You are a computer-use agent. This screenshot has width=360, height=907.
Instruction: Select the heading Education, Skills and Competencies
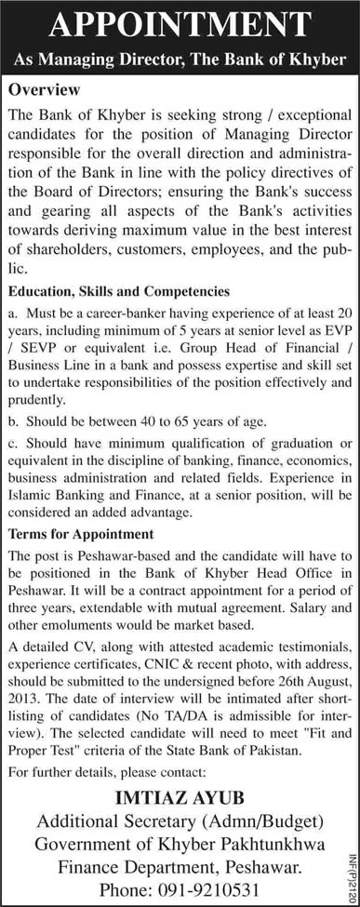pos(118,265)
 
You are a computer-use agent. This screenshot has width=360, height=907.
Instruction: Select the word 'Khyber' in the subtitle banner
pos(308,59)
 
